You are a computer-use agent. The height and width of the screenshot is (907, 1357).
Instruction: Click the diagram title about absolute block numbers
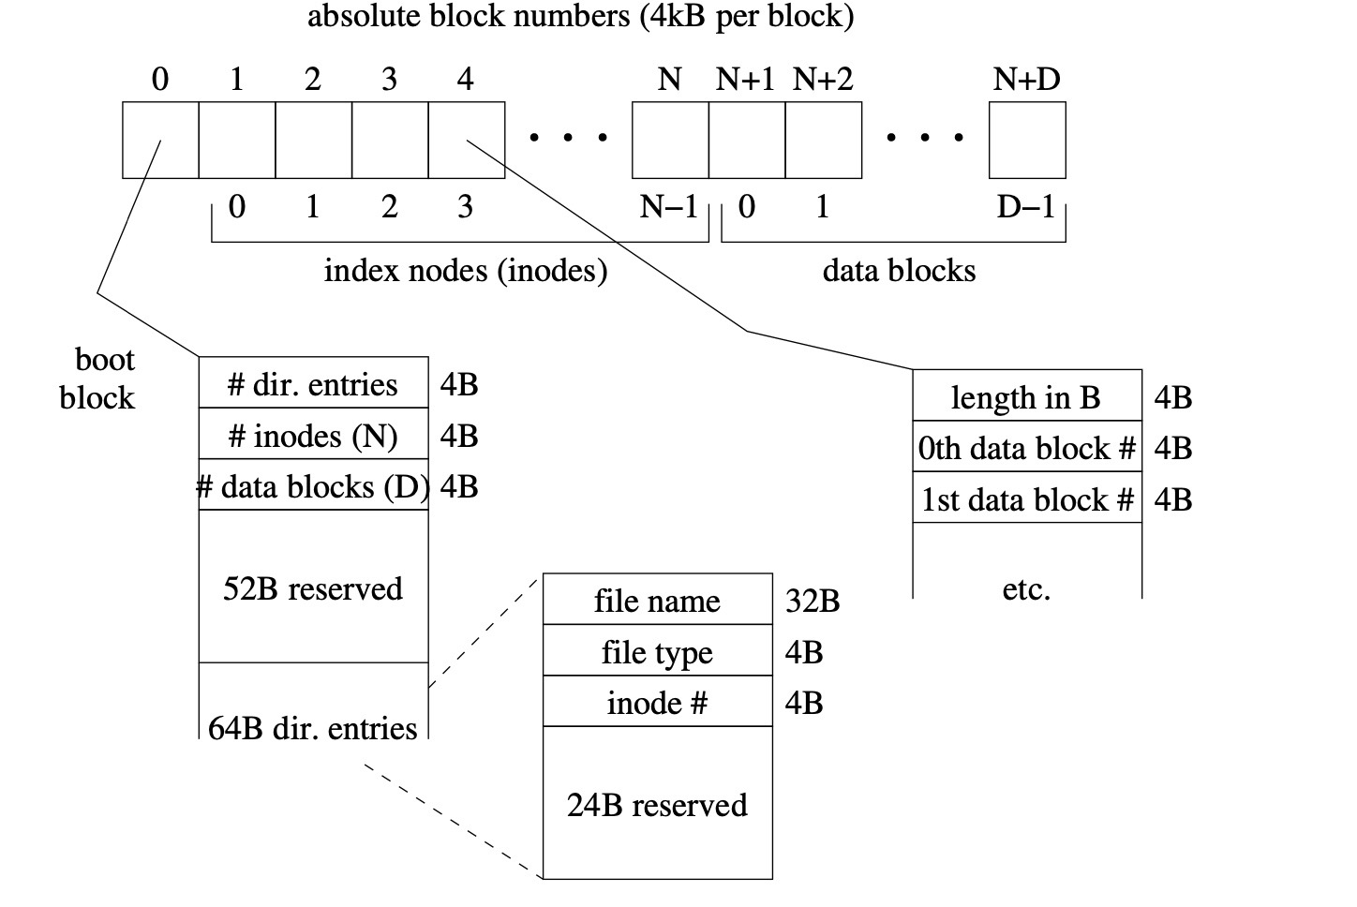(x=580, y=17)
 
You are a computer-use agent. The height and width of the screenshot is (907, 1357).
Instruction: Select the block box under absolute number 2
(x=313, y=140)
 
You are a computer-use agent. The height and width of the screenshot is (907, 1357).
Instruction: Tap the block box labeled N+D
(x=1027, y=140)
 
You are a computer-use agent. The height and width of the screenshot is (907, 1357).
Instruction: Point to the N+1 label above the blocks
(x=745, y=80)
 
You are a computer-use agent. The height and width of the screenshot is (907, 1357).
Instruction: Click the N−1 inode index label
(x=668, y=206)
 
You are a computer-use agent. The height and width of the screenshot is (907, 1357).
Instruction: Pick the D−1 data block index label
(x=1026, y=206)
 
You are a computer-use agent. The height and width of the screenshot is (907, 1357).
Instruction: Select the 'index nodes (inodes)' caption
(x=466, y=271)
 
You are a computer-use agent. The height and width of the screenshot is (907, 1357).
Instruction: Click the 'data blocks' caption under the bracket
(x=899, y=271)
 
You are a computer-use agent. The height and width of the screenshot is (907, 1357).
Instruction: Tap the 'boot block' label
(x=97, y=379)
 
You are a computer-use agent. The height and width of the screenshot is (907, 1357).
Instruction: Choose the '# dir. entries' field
(x=313, y=384)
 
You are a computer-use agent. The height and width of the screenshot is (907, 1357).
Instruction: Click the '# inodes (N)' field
(x=313, y=436)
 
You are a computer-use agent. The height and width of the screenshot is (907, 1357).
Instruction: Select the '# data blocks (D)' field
(x=313, y=486)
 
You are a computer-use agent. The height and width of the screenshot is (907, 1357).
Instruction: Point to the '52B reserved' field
(x=313, y=588)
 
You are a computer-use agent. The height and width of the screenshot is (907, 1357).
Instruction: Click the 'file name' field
(x=657, y=601)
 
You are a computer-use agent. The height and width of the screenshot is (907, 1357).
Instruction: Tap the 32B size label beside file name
(x=812, y=601)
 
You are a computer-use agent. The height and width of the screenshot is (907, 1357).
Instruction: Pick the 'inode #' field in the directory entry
(x=657, y=703)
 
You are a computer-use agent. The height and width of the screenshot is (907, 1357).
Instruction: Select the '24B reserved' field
(x=657, y=805)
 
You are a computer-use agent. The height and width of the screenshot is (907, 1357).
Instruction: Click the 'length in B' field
(x=1026, y=397)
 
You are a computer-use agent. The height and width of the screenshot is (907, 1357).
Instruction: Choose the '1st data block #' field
(x=1026, y=499)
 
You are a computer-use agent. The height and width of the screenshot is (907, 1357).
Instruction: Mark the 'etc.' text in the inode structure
(x=1026, y=589)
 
